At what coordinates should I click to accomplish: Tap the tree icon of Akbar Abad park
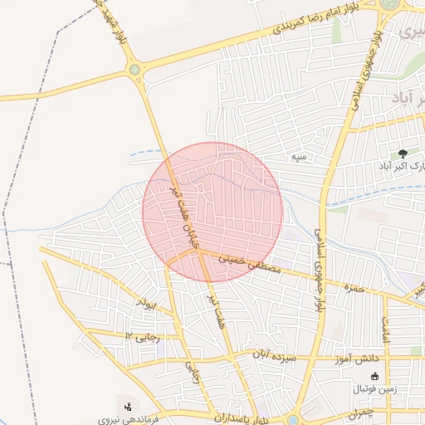(x=403, y=154)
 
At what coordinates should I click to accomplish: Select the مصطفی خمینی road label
(x=251, y=265)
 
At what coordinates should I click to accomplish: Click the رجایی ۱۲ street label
(x=139, y=335)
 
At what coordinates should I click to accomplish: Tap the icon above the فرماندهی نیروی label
(x=127, y=407)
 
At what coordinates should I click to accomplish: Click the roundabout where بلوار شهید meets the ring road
(x=135, y=71)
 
